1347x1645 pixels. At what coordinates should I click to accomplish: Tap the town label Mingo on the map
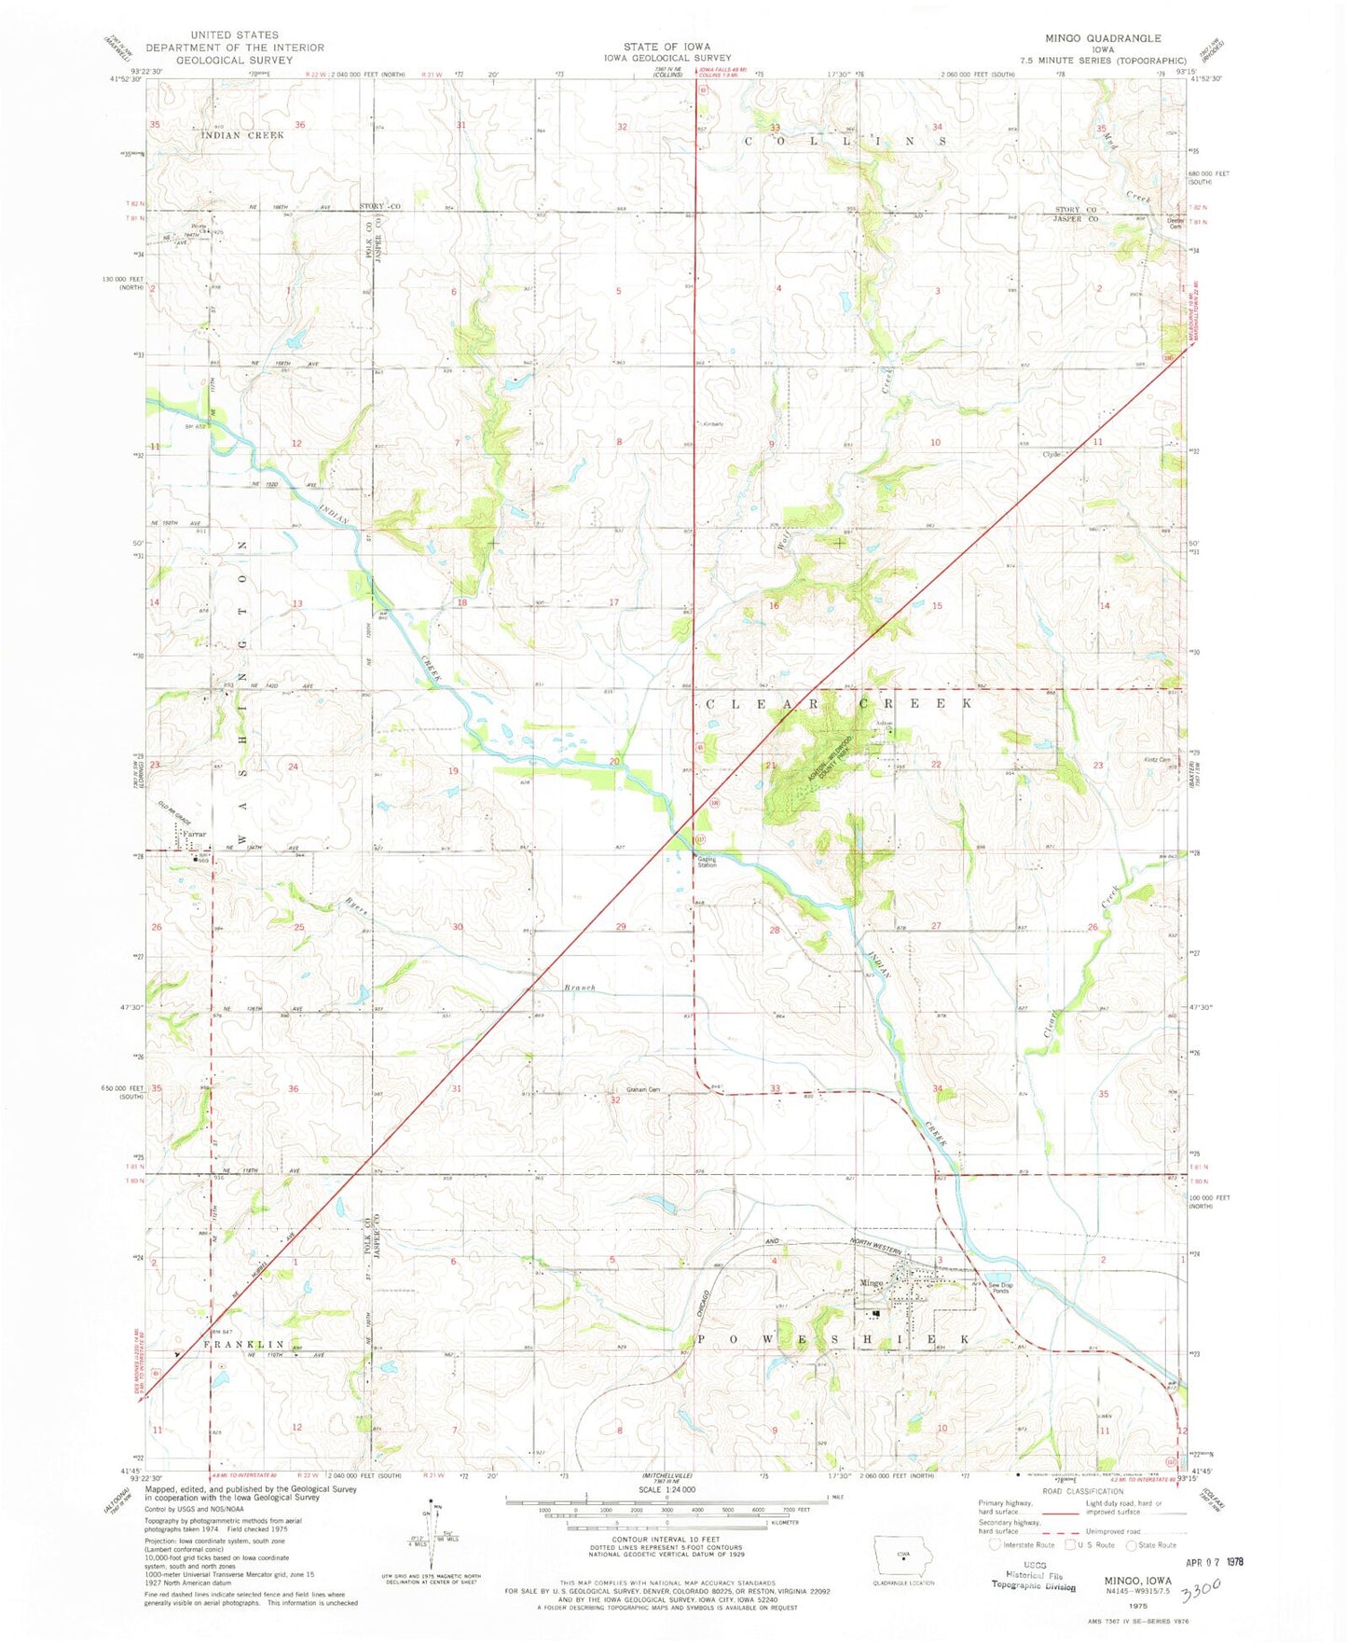click(x=871, y=1283)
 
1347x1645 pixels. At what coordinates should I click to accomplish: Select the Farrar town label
click(x=194, y=834)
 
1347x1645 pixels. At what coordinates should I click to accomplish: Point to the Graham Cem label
click(x=642, y=1089)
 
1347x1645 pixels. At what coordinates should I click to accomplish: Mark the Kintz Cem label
click(x=1156, y=759)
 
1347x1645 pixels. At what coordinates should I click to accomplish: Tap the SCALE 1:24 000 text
click(x=666, y=1515)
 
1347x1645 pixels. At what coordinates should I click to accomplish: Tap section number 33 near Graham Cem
click(x=775, y=1088)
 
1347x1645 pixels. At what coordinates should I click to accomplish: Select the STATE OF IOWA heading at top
click(x=667, y=47)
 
